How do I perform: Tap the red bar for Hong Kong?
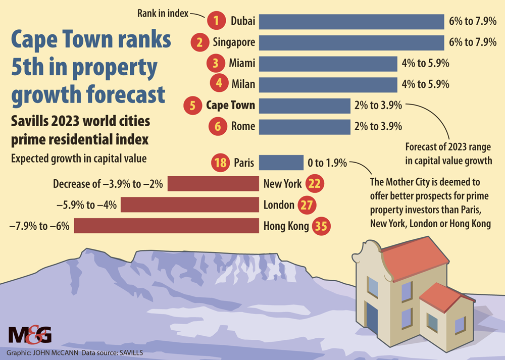(x=166, y=226)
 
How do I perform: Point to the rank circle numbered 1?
(x=216, y=21)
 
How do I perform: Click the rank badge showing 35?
(x=321, y=226)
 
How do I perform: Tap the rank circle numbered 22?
(x=314, y=184)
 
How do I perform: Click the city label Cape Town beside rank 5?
(x=230, y=106)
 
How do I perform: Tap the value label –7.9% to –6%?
(x=38, y=226)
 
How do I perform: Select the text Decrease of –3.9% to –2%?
(x=108, y=184)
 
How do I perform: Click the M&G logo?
(x=30, y=334)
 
